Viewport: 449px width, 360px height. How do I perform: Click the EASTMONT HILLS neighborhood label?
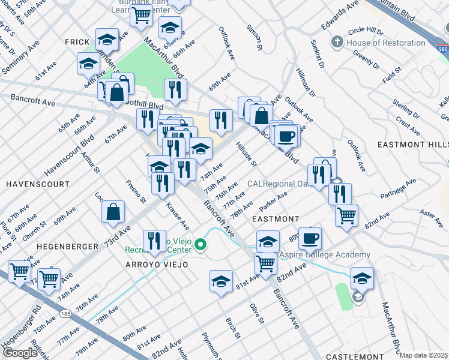pyautogui.click(x=413, y=145)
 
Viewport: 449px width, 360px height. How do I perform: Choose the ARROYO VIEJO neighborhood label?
pyautogui.click(x=157, y=265)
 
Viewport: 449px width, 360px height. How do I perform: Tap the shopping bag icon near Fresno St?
pyautogui.click(x=113, y=211)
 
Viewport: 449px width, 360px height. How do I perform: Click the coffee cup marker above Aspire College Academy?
pyautogui.click(x=310, y=238)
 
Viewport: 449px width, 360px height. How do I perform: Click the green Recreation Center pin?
pyautogui.click(x=202, y=244)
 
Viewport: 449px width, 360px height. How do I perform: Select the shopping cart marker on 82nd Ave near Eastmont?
pyautogui.click(x=346, y=215)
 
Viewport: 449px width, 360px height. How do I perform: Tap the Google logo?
pyautogui.click(x=20, y=353)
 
